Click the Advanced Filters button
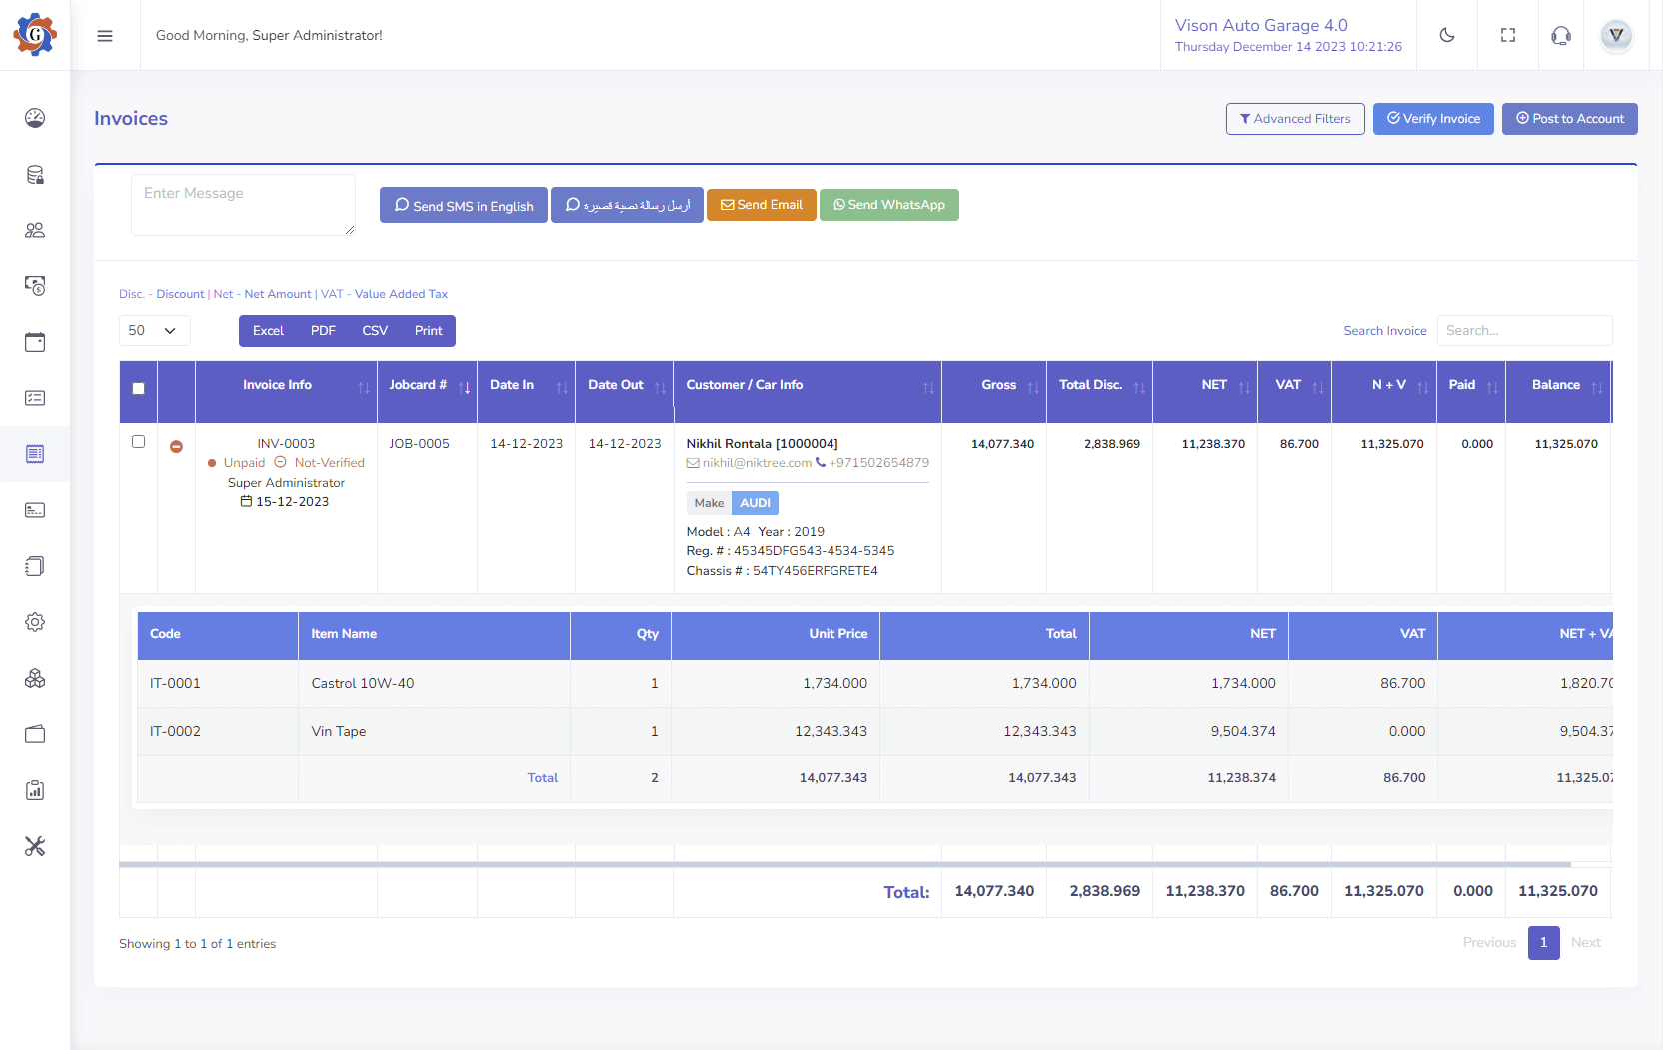(1295, 119)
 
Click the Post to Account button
(1569, 119)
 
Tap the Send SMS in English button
(464, 206)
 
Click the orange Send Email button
(762, 205)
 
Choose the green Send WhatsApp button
(888, 205)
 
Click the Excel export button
(268, 331)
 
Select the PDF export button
(323, 331)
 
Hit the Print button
(428, 331)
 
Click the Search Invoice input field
(1524, 331)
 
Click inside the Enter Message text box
(243, 205)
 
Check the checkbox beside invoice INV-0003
(139, 442)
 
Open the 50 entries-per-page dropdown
(154, 331)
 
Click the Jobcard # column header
(419, 385)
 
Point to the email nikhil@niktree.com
(756, 463)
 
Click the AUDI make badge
(755, 503)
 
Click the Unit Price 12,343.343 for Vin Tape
(831, 732)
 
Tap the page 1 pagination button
(1543, 943)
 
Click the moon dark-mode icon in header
(1447, 36)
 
